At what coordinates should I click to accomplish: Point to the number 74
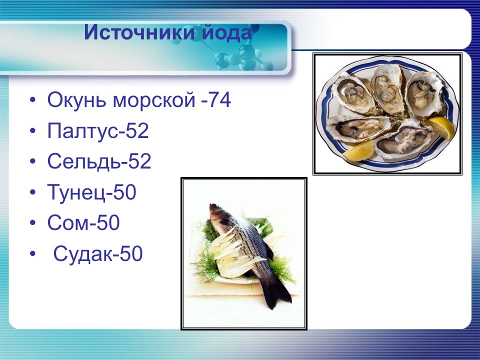tap(219, 100)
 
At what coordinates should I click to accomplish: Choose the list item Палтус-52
tap(98, 131)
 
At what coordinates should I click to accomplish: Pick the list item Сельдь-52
tap(99, 161)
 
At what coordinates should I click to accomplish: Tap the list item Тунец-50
tap(91, 192)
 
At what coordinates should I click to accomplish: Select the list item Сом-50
tap(83, 223)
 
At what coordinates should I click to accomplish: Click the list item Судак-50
tap(98, 254)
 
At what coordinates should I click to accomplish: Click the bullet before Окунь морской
tap(32, 101)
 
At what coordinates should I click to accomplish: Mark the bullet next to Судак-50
tap(32, 254)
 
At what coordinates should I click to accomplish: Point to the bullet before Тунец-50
tap(32, 193)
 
